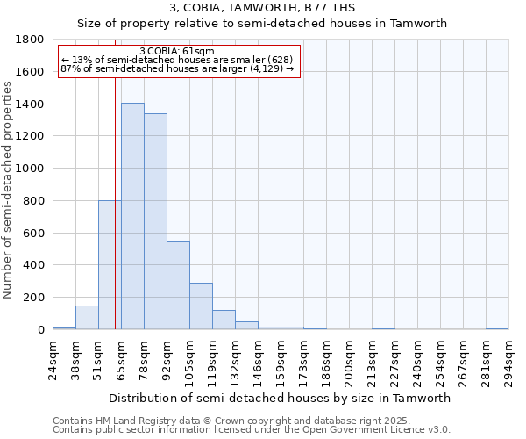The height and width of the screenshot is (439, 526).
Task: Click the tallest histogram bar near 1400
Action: click(132, 216)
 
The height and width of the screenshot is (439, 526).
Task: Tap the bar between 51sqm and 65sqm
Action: click(110, 264)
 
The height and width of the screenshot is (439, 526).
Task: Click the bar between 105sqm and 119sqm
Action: click(201, 306)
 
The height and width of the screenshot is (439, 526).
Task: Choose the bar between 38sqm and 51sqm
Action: click(87, 318)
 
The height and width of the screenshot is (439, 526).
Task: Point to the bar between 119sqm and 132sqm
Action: click(224, 320)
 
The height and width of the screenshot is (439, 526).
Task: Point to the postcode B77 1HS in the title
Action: click(332, 8)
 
